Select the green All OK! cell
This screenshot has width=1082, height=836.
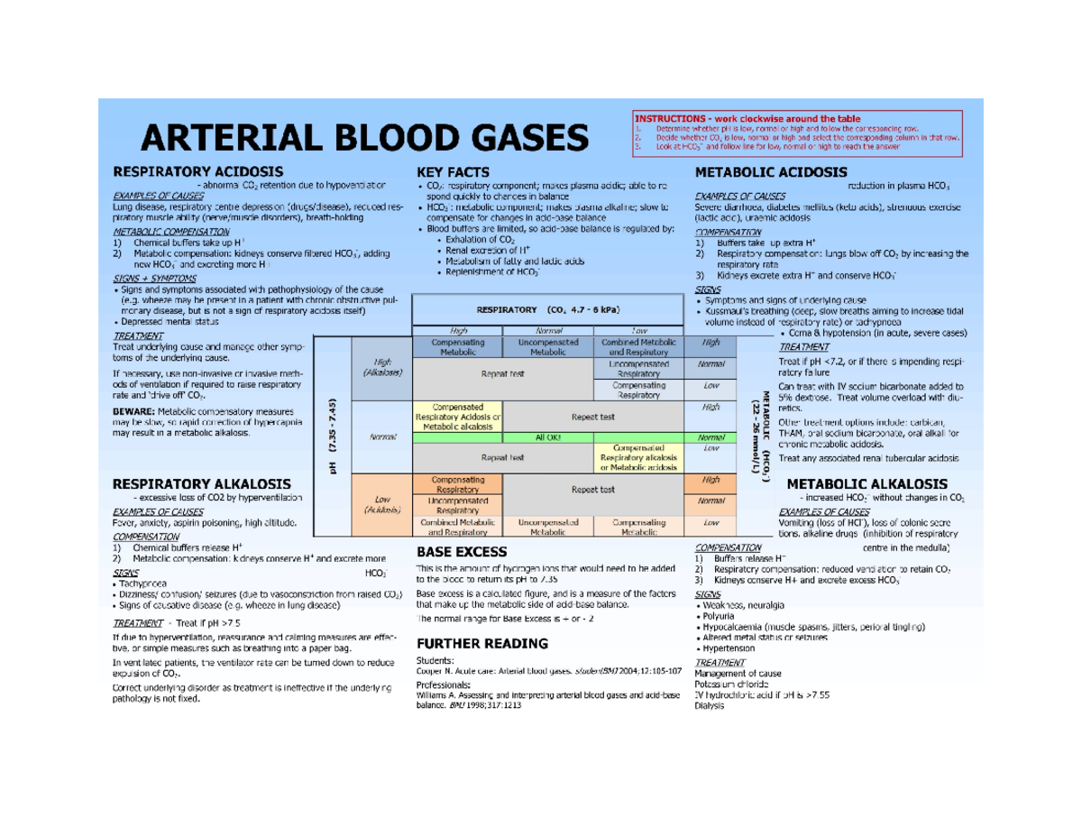click(547, 436)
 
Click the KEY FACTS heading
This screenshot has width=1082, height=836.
click(453, 171)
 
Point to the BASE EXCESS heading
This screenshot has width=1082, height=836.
click(462, 550)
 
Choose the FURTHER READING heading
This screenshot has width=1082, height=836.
click(481, 643)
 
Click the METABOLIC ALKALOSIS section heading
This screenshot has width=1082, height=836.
click(867, 483)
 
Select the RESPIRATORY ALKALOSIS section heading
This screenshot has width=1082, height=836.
click(201, 483)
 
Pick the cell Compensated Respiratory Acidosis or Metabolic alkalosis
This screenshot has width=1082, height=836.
click(457, 417)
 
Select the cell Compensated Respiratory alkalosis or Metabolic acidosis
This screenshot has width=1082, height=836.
click(638, 456)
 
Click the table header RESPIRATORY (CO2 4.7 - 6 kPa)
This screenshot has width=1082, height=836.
click(547, 310)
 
